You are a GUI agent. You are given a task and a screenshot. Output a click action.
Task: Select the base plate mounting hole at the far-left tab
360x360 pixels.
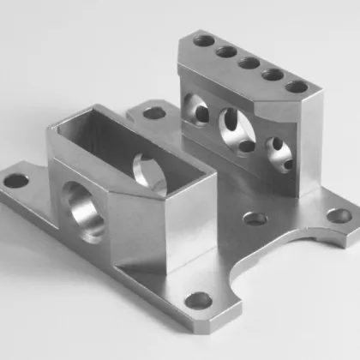[x=15, y=182]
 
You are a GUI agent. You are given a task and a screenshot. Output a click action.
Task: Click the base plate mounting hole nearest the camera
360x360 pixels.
[x=199, y=301]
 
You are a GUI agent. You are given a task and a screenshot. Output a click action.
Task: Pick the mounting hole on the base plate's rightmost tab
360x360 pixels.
[x=340, y=216]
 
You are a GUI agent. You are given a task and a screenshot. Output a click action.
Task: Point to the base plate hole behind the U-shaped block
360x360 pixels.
[x=154, y=112]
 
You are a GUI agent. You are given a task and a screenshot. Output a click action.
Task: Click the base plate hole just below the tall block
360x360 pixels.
[x=255, y=219]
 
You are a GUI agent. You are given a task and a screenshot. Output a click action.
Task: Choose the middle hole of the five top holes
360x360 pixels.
[x=249, y=63]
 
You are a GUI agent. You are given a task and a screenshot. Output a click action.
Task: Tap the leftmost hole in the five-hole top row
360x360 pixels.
[x=204, y=40]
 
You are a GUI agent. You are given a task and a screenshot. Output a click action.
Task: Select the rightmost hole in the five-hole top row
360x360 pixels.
[x=297, y=87]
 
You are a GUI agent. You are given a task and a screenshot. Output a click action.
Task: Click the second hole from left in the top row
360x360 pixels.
[x=226, y=51]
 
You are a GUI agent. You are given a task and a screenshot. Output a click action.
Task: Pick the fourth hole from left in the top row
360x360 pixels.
[x=273, y=75]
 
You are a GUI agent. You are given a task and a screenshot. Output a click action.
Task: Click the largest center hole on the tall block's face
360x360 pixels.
[x=232, y=129]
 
